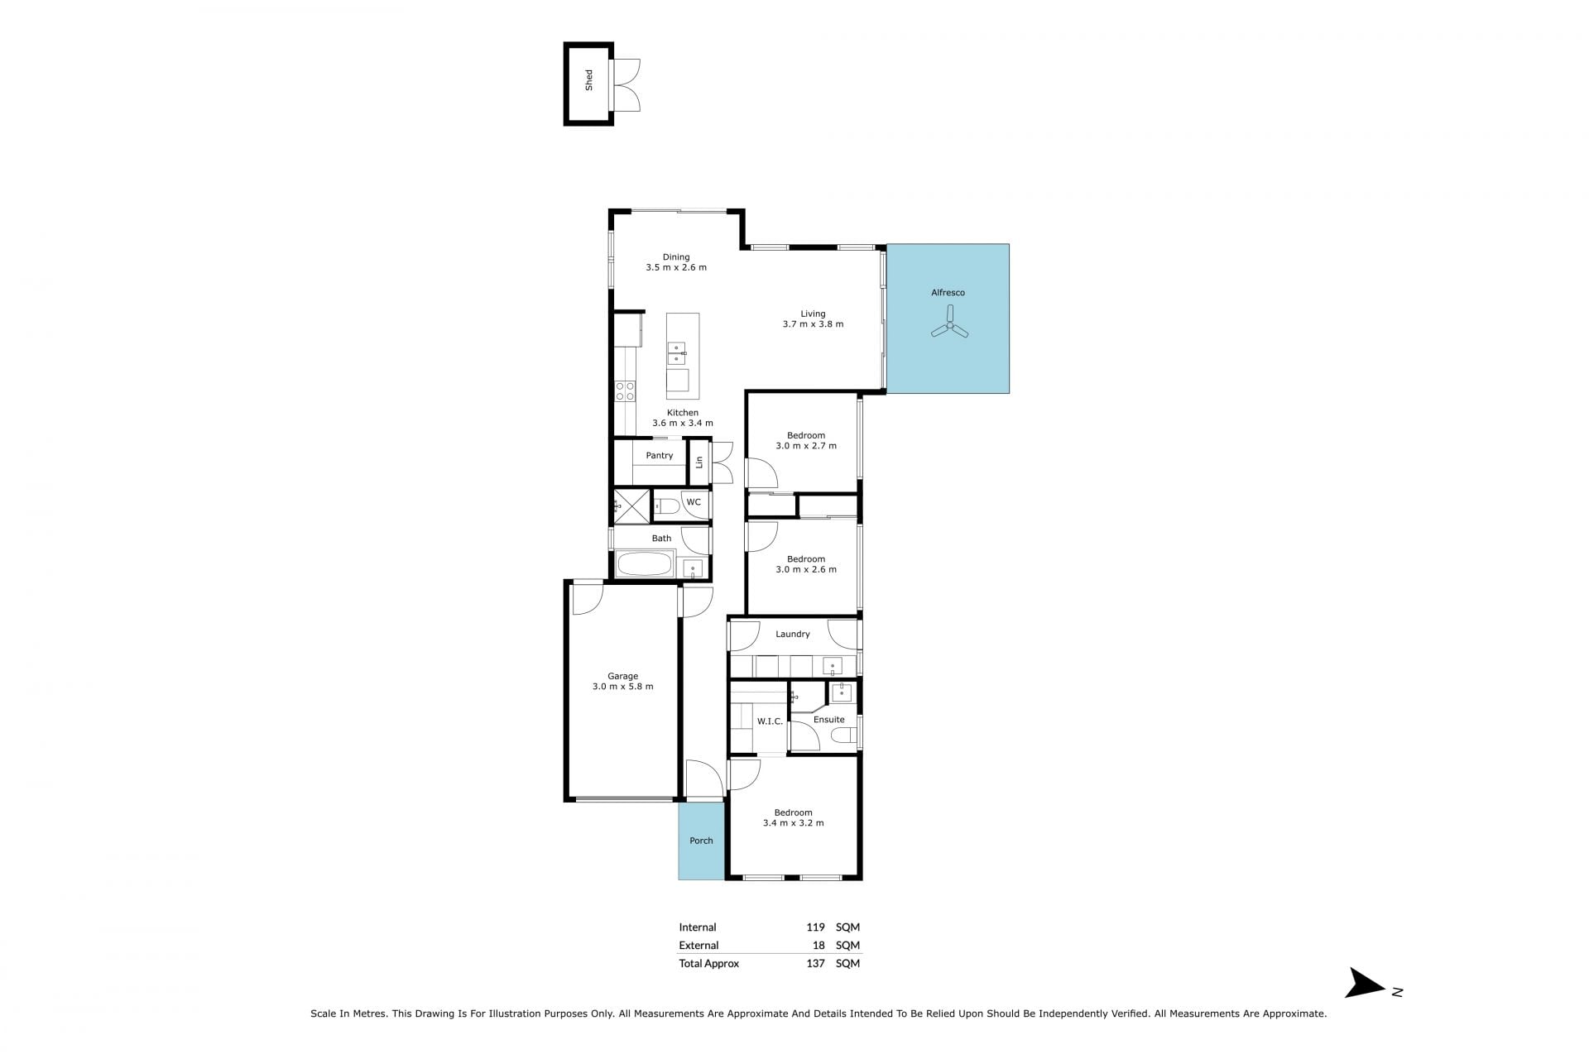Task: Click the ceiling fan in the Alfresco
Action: [950, 323]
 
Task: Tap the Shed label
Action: [589, 80]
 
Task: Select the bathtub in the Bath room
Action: [645, 565]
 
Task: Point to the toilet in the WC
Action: [667, 506]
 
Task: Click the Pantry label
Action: [660, 456]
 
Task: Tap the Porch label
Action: [701, 841]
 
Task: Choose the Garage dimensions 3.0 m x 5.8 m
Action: [623, 687]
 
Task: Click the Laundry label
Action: [793, 635]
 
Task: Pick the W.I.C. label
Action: [770, 721]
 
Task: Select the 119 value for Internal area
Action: [815, 927]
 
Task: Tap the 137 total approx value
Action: [815, 964]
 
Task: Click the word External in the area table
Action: [698, 946]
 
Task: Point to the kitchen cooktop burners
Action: [625, 391]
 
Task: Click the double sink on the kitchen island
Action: [677, 353]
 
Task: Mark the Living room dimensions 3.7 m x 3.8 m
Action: [813, 324]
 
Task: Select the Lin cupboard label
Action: [699, 462]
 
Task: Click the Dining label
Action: [676, 257]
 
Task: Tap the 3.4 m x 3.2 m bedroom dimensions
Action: [793, 823]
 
